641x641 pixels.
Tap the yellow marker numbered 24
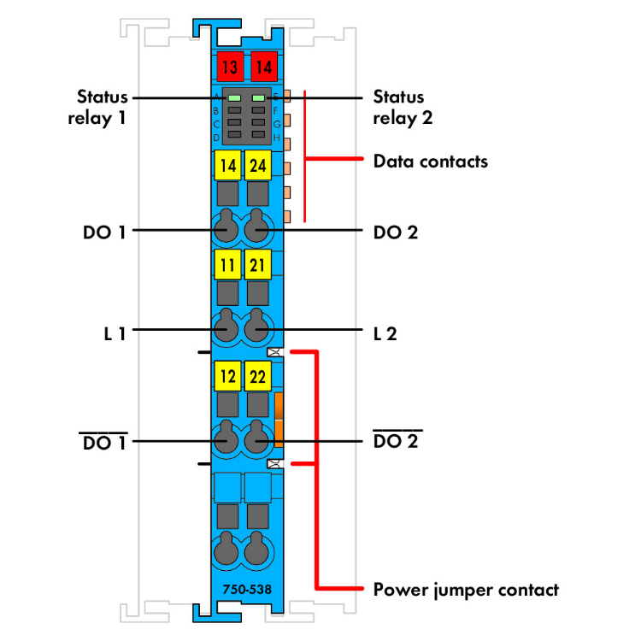pyautogui.click(x=256, y=165)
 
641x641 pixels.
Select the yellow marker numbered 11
pyautogui.click(x=226, y=265)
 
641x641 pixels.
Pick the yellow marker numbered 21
pyautogui.click(x=256, y=265)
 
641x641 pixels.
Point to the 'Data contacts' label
pyautogui.click(x=430, y=161)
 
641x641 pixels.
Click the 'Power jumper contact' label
pyautogui.click(x=466, y=589)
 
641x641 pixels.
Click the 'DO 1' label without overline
pyautogui.click(x=104, y=231)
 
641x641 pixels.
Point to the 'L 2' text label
pyautogui.click(x=385, y=333)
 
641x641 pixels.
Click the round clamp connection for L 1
pyautogui.click(x=226, y=328)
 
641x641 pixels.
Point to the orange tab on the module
pyautogui.click(x=279, y=419)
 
